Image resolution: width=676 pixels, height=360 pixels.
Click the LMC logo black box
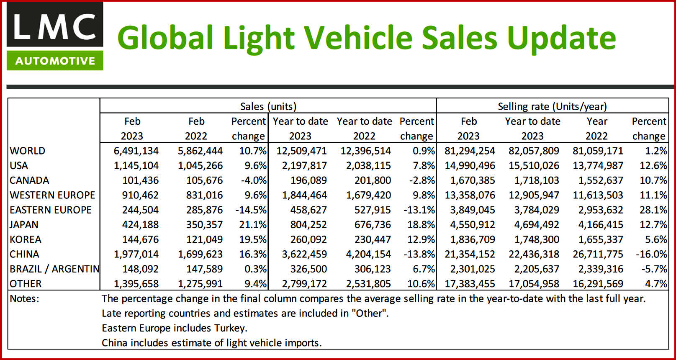pyautogui.click(x=55, y=25)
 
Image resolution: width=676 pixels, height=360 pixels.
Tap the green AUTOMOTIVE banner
pyautogui.click(x=55, y=61)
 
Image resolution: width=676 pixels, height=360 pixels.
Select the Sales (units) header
pyautogui.click(x=268, y=106)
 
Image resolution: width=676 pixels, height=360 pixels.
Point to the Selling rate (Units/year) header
pyautogui.click(x=552, y=106)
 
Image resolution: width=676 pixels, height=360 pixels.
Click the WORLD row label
pyautogui.click(x=28, y=151)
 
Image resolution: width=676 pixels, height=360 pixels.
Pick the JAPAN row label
pyautogui.click(x=24, y=225)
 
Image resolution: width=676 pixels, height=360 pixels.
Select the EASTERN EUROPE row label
pyautogui.click(x=51, y=210)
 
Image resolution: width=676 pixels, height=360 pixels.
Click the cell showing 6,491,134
pyautogui.click(x=136, y=151)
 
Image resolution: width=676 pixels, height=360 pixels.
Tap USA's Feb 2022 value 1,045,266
pyautogui.click(x=200, y=166)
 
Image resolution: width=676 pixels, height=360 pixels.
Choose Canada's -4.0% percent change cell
pyautogui.click(x=254, y=180)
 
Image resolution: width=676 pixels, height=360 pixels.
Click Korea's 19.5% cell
pyautogui.click(x=253, y=239)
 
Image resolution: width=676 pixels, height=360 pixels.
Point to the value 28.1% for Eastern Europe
pyautogui.click(x=653, y=210)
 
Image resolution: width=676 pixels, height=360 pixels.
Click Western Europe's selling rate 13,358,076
pyautogui.click(x=470, y=195)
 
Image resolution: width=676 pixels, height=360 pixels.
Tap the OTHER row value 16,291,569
pyautogui.click(x=598, y=284)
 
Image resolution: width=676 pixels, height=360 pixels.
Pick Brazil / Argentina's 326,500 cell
pyautogui.click(x=308, y=269)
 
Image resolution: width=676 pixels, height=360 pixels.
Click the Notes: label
pyautogui.click(x=24, y=298)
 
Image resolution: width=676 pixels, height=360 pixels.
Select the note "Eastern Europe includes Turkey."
pyautogui.click(x=174, y=328)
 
